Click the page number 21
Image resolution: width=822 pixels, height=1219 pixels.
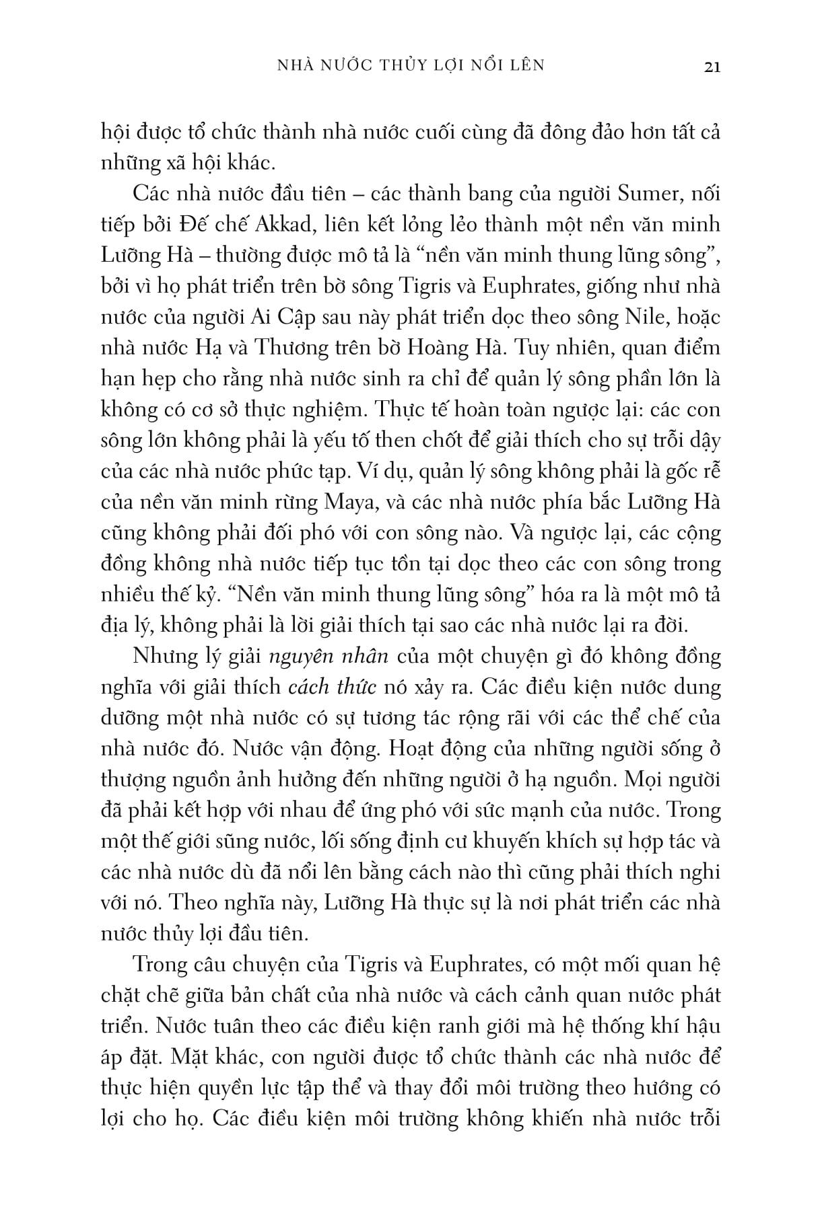(x=712, y=67)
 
